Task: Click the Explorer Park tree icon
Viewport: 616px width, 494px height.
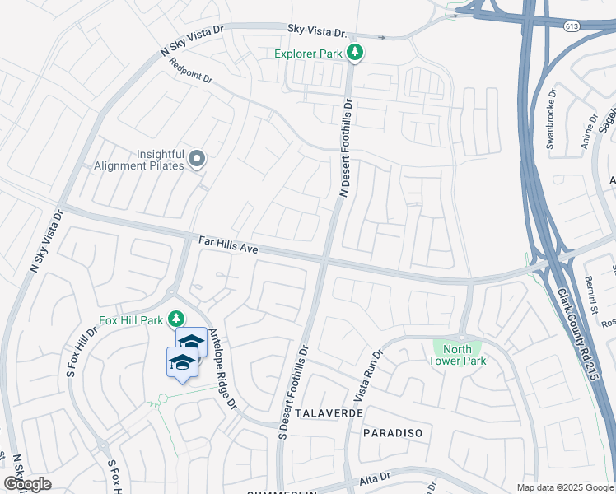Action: click(355, 54)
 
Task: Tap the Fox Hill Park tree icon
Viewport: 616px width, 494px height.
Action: click(175, 318)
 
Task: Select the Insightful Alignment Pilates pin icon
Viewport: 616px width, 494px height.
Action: click(197, 158)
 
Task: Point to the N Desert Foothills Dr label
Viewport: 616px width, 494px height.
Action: click(347, 148)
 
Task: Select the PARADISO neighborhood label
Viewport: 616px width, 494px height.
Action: click(393, 432)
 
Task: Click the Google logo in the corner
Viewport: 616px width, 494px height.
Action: click(27, 484)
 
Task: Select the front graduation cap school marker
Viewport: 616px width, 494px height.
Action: click(182, 362)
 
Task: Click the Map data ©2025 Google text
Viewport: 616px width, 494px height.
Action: click(565, 487)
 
